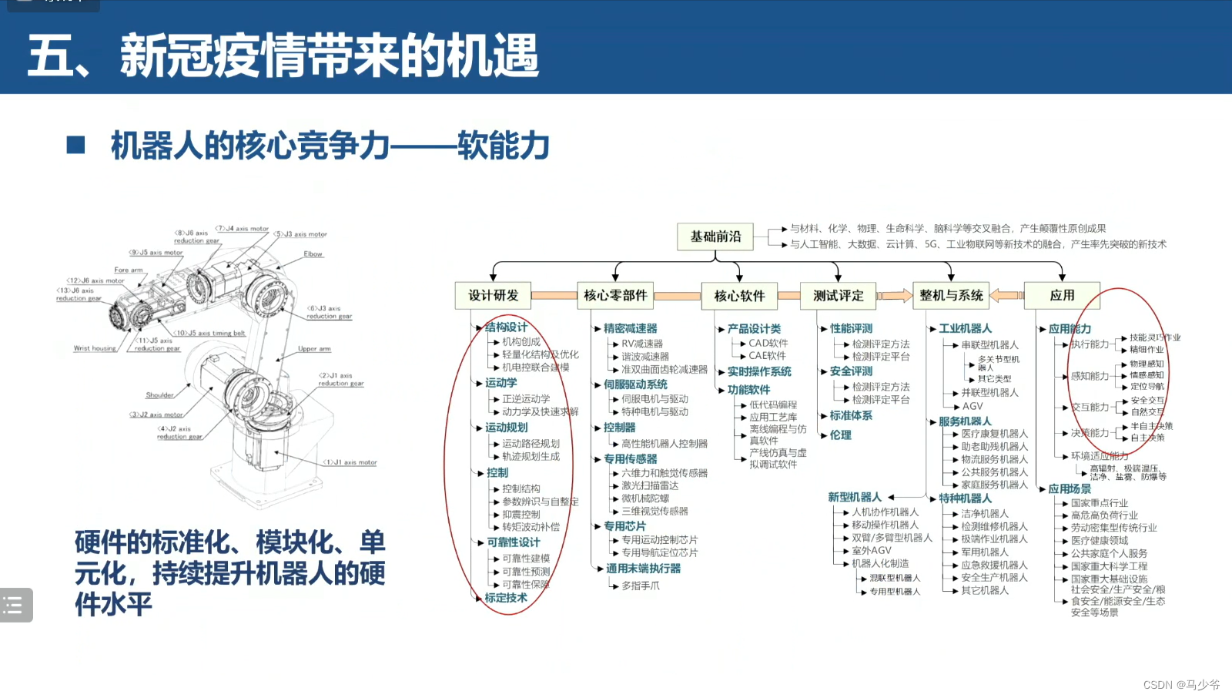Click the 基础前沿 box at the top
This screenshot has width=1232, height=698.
tap(715, 237)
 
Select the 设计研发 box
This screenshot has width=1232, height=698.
tap(494, 295)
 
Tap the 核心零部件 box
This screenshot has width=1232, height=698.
tap(615, 295)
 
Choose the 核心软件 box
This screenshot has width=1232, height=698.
tap(739, 296)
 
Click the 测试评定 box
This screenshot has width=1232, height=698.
tap(839, 295)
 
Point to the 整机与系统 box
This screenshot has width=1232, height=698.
tap(951, 295)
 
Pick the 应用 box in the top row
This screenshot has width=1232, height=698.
tap(1062, 295)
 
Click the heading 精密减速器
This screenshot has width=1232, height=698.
tap(631, 328)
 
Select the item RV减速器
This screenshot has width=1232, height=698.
tap(642, 344)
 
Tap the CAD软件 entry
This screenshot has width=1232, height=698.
tap(768, 343)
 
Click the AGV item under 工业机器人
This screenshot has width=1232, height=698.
tap(973, 406)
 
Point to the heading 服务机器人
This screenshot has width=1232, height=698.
tap(965, 421)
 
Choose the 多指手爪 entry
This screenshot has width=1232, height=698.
tap(641, 586)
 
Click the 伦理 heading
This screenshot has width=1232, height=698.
tap(841, 435)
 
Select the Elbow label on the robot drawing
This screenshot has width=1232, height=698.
tap(313, 253)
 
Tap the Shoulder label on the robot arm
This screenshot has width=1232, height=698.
tap(159, 395)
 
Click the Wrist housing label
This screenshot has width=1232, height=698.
tap(95, 348)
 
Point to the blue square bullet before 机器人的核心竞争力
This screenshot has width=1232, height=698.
tap(75, 145)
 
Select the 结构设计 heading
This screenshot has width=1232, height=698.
tap(506, 327)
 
